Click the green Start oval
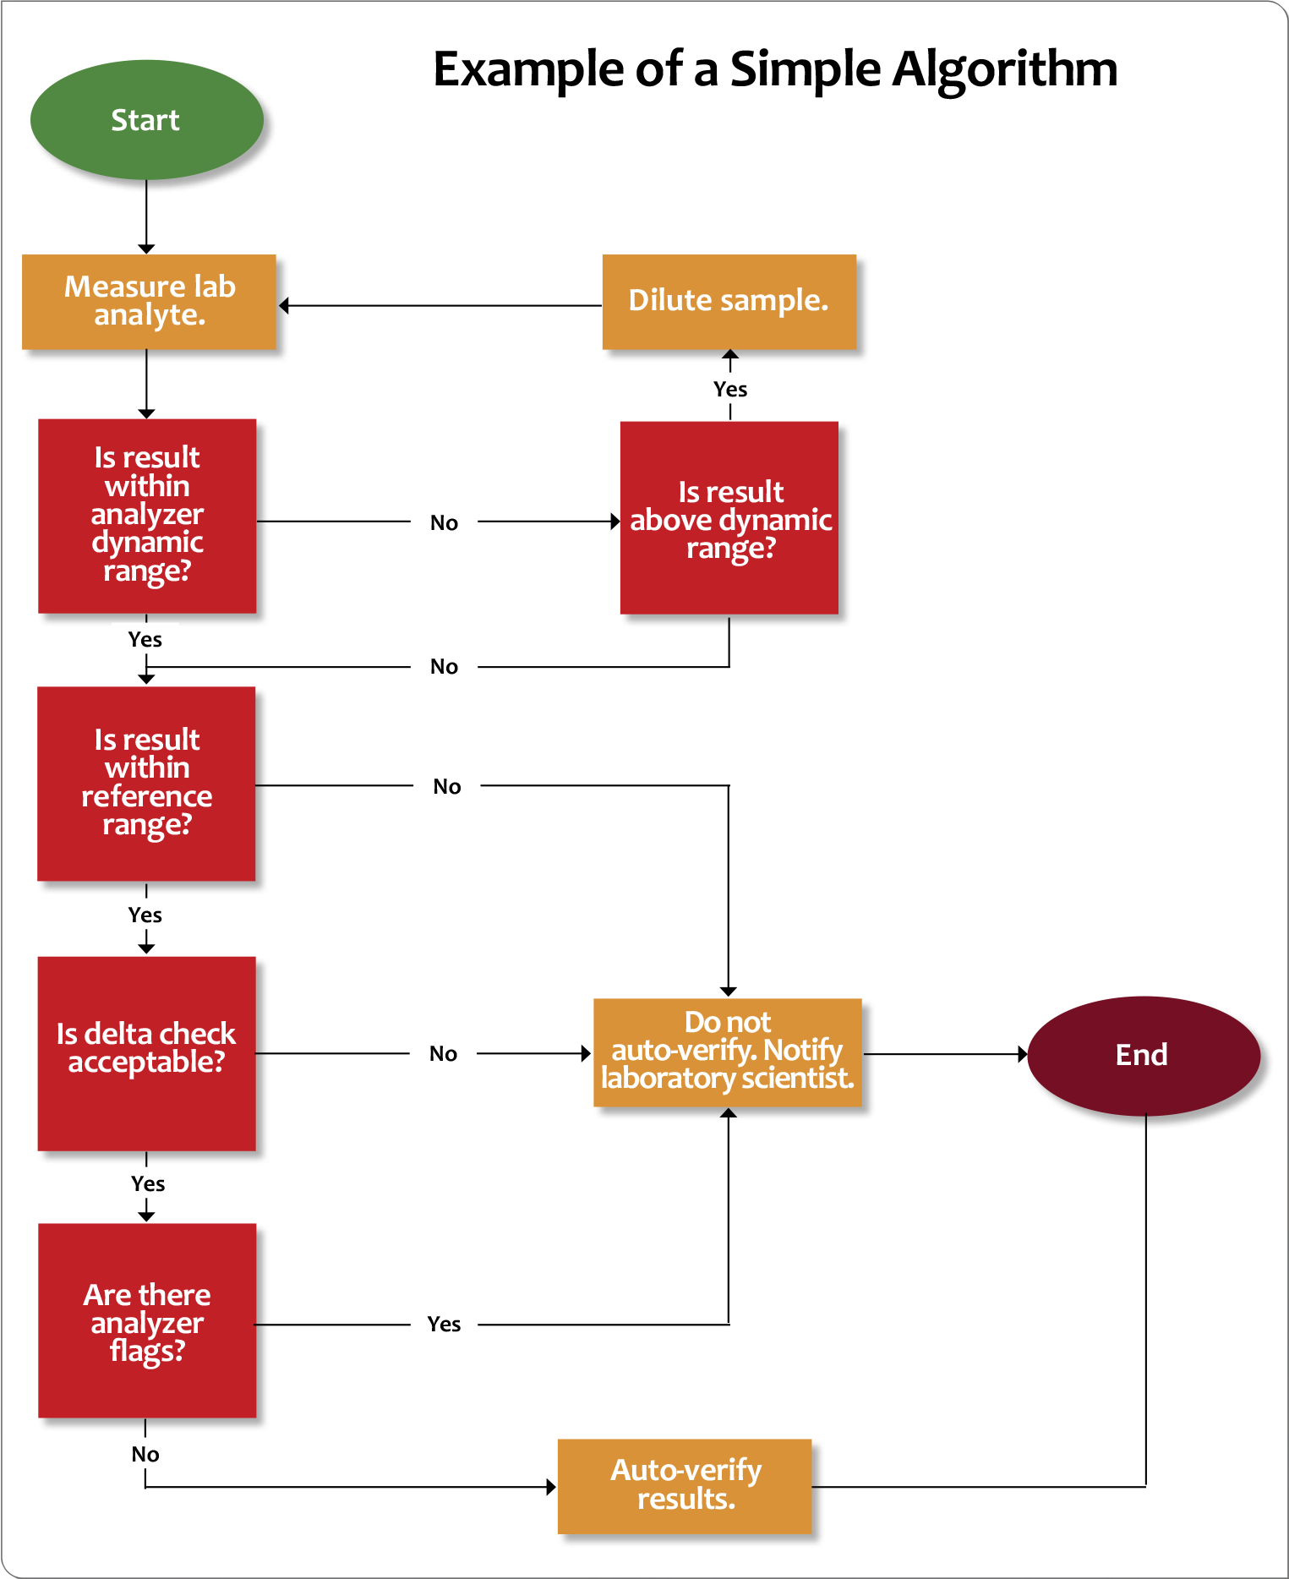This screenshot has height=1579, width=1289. coord(146,120)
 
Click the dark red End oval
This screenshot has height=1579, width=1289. coord(1143,1055)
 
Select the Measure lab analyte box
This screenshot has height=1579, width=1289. coord(149,302)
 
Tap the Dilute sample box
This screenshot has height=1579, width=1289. coord(729,302)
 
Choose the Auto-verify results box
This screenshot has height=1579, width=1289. coord(685,1486)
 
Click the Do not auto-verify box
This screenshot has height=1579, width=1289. coord(727,1052)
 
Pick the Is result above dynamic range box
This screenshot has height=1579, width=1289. coord(729,518)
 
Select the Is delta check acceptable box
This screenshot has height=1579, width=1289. coord(146,1053)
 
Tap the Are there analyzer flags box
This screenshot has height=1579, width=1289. coord(147,1320)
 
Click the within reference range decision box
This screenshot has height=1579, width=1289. coord(146,784)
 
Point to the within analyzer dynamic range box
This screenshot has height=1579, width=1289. coord(147,516)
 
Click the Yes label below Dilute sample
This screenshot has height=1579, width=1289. coord(730,390)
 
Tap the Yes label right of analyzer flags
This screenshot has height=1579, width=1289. coord(444,1325)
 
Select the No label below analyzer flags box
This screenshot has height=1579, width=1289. coord(145,1455)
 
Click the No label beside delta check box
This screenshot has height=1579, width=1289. coord(443,1054)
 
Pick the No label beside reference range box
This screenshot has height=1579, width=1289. coord(446,787)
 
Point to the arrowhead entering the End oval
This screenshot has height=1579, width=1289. coord(1023,1054)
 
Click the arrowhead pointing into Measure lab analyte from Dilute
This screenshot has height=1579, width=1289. coord(284,306)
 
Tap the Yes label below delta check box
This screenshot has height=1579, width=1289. coord(148,1184)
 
